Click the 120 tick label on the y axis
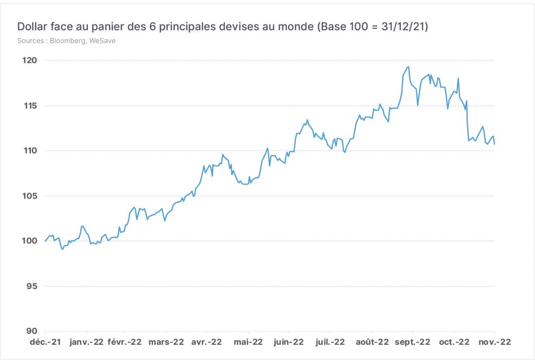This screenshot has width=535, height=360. (x=30, y=61)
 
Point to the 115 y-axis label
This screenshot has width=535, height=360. (x=30, y=106)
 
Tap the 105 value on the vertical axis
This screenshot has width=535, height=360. (x=30, y=196)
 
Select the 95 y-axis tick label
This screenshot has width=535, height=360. (x=32, y=286)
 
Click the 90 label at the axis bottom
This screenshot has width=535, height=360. (x=32, y=331)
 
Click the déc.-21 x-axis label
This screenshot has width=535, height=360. (x=45, y=342)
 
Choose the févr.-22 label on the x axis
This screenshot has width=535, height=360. (x=124, y=342)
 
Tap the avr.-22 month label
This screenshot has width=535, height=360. (x=206, y=342)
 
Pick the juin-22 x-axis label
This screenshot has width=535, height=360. (x=288, y=342)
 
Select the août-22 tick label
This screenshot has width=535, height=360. (x=372, y=342)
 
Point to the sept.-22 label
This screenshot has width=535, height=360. (x=413, y=342)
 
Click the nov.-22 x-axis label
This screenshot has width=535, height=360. (x=495, y=342)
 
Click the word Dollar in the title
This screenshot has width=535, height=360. (x=32, y=26)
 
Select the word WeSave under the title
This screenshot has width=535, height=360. (x=102, y=41)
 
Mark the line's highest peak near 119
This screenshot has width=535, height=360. (x=409, y=67)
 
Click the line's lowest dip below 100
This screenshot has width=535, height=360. (x=63, y=249)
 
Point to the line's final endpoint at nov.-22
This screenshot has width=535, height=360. (x=494, y=144)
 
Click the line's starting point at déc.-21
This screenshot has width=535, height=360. (x=45, y=241)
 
